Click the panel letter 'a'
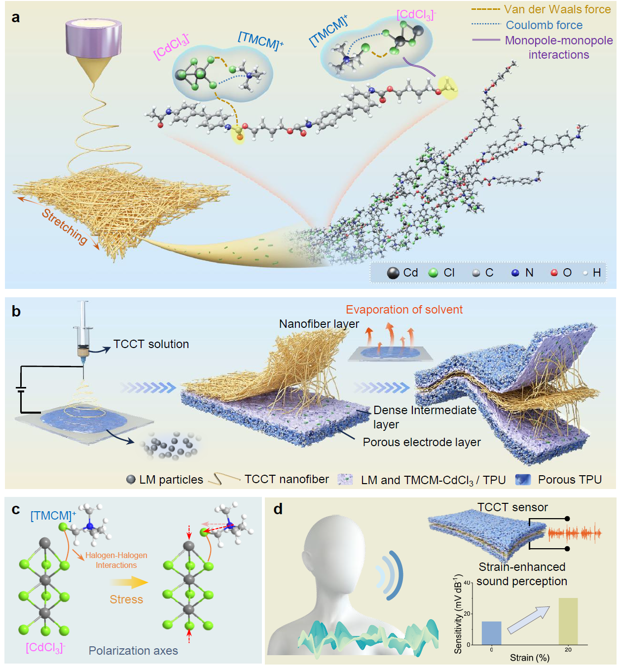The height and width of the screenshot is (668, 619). click(x=16, y=18)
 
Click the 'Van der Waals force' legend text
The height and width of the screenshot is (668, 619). click(x=557, y=9)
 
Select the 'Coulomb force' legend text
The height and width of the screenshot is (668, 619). click(x=544, y=25)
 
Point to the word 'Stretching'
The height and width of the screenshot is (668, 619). click(x=65, y=227)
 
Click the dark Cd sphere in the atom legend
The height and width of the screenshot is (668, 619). click(x=393, y=273)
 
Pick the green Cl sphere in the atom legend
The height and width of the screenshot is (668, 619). click(x=434, y=273)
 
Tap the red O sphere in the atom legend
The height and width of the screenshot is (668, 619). click(x=554, y=273)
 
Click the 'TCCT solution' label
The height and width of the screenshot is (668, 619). click(x=151, y=344)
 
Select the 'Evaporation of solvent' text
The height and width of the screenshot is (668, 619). click(x=404, y=310)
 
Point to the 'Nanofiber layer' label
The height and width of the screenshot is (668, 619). click(x=319, y=324)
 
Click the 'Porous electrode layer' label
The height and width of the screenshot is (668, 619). click(x=422, y=442)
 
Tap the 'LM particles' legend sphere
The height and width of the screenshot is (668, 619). click(x=131, y=480)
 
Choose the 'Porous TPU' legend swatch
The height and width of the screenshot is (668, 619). click(x=523, y=480)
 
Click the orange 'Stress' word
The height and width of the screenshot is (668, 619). click(x=126, y=599)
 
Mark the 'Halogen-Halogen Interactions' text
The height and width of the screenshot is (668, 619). click(x=116, y=560)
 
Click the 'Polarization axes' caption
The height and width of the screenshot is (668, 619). click(x=133, y=651)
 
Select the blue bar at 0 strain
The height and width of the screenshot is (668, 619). click(x=491, y=633)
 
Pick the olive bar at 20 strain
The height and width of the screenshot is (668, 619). click(x=568, y=621)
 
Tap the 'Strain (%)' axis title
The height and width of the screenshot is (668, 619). click(x=529, y=658)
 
